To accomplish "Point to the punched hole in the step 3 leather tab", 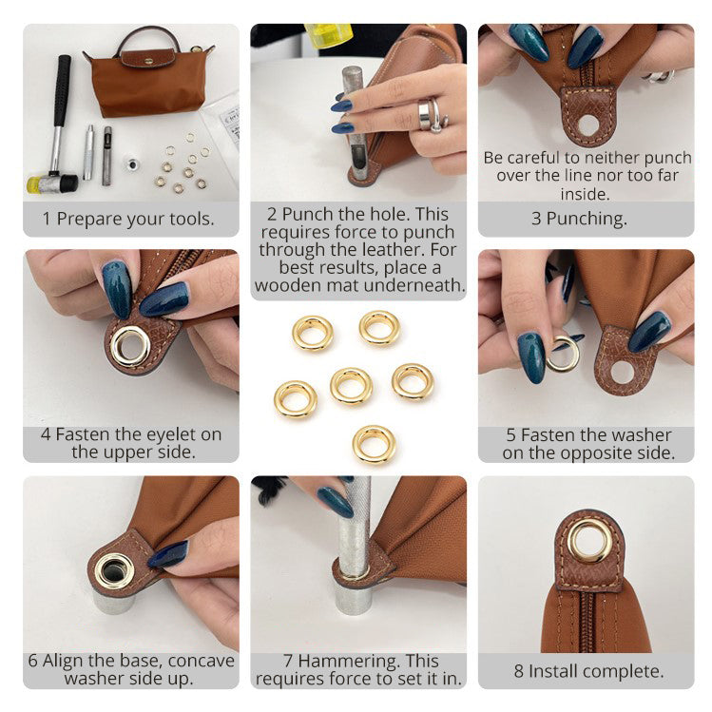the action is (589, 125).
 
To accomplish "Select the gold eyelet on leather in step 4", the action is (130, 346).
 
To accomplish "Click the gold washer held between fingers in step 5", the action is (564, 355).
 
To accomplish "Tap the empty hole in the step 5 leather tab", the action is (622, 372).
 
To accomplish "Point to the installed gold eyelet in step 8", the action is (588, 542).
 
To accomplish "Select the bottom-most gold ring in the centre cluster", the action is (375, 444).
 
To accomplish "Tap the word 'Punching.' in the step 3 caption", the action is (587, 219).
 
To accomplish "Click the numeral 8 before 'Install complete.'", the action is (519, 671).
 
